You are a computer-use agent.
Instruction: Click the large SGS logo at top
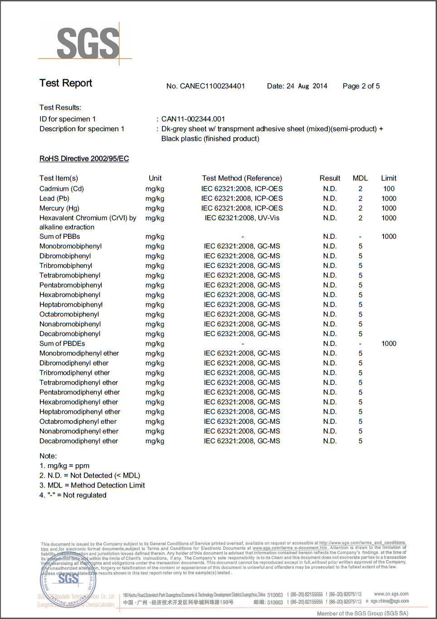point(87,43)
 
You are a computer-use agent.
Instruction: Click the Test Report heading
point(66,83)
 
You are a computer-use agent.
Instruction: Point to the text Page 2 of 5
point(361,86)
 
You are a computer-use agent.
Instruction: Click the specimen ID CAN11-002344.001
point(193,119)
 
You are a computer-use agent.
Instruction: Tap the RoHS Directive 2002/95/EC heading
point(84,159)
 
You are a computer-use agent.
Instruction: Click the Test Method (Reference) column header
point(242,178)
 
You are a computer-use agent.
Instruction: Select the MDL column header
point(360,178)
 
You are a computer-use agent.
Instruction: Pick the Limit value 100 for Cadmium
point(388,189)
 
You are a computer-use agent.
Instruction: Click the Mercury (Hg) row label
point(59,208)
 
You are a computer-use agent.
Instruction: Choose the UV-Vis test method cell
point(242,218)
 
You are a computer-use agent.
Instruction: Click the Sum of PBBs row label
point(59,237)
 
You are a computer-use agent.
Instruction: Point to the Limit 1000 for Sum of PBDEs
point(388,343)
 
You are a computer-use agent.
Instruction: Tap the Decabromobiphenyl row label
point(70,334)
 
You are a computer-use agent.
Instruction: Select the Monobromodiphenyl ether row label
point(79,353)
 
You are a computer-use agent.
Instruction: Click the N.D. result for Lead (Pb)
point(330,198)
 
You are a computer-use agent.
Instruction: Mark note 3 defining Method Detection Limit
point(92,485)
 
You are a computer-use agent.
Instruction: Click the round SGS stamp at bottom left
point(68,580)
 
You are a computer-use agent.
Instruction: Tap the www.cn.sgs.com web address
point(391,594)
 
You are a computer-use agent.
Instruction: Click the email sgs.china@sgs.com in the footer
point(389,601)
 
